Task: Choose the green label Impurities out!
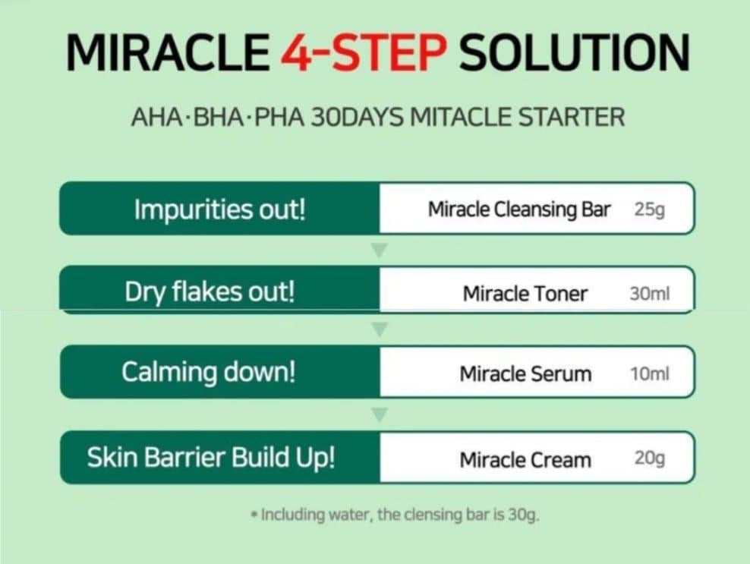tap(220, 210)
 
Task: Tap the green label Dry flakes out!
tap(210, 291)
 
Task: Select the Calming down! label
tap(209, 372)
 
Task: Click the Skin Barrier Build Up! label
tap(211, 458)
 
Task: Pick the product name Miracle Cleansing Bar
tap(519, 210)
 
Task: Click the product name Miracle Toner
tap(525, 293)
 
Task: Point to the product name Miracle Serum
tap(525, 373)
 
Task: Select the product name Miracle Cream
tap(525, 460)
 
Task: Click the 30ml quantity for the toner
tap(650, 293)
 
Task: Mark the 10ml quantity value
tap(650, 373)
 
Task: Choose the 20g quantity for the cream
tap(650, 458)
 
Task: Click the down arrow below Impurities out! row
tap(380, 250)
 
